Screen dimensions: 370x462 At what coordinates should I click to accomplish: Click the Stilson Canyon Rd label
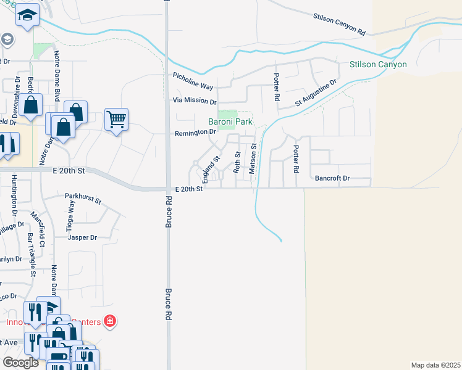click(340, 24)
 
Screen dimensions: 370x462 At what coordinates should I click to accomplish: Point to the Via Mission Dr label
click(195, 102)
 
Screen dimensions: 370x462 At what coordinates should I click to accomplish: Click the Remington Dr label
click(195, 131)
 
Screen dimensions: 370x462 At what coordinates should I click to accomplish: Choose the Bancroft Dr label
click(332, 178)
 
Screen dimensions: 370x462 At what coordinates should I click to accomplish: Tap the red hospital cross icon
click(109, 321)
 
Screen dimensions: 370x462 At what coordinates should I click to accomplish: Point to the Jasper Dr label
click(83, 237)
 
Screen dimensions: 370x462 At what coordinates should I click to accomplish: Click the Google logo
click(21, 363)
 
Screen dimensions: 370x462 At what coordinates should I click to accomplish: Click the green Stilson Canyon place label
click(378, 64)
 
